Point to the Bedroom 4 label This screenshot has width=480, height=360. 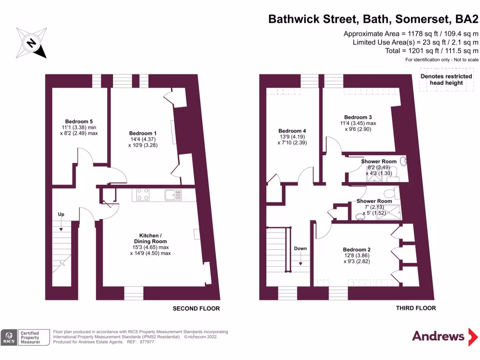[x=292, y=131]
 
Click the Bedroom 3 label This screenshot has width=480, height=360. [x=358, y=117]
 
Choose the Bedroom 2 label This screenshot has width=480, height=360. [x=357, y=249]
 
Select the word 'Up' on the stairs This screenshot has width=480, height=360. [x=61, y=214]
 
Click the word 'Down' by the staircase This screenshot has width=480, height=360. [x=300, y=248]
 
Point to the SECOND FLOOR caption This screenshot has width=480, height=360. [x=196, y=308]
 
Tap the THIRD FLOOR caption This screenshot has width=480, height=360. [x=416, y=308]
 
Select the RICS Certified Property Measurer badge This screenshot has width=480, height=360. [x=25, y=337]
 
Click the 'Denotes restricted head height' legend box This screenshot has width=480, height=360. [x=446, y=79]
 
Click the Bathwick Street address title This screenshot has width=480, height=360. [x=373, y=19]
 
